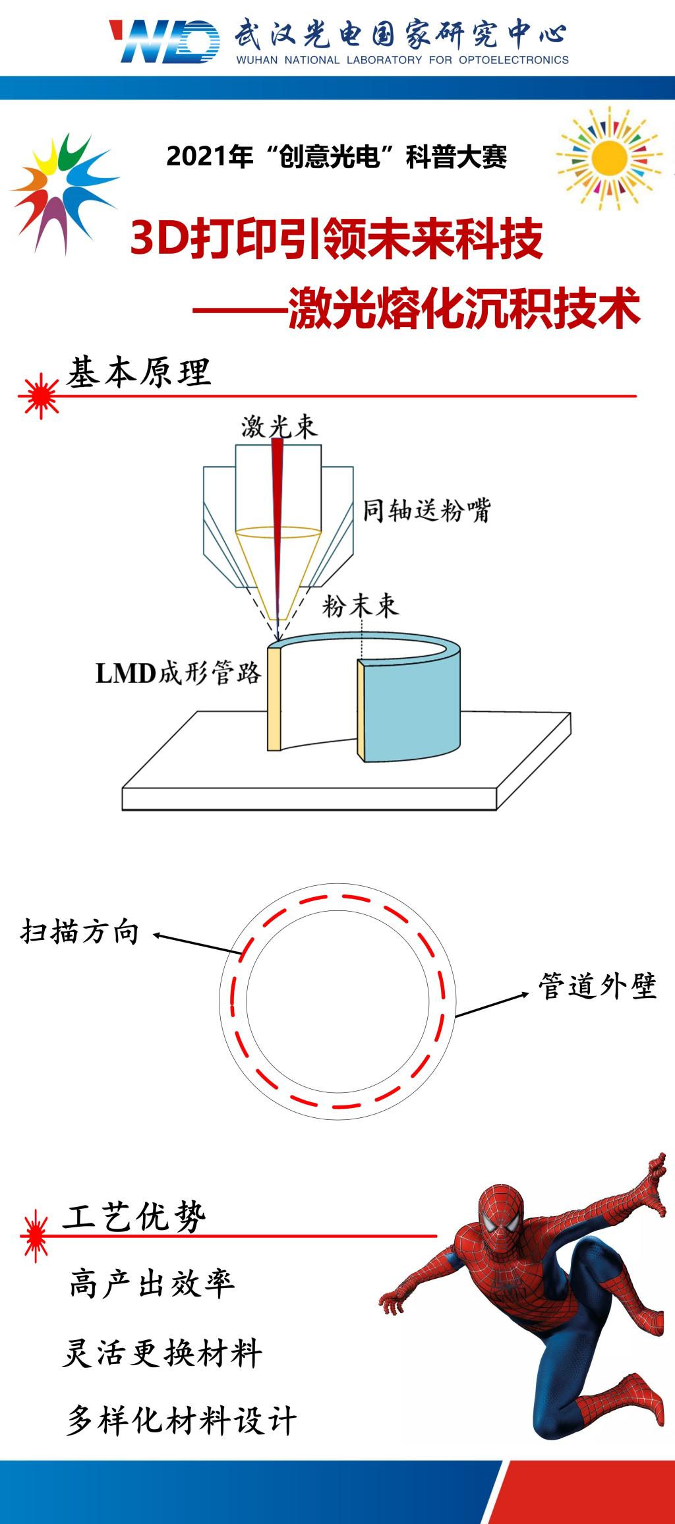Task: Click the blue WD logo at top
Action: click(165, 42)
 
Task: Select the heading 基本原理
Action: click(138, 372)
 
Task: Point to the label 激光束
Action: click(279, 426)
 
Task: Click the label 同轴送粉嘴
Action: click(426, 510)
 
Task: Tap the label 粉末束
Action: click(360, 604)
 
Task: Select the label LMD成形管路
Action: click(179, 674)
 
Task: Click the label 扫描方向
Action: click(80, 931)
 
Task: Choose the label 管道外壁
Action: click(597, 986)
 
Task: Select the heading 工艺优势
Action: click(134, 1216)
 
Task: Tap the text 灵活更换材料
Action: click(162, 1355)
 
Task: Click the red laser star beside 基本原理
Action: click(40, 395)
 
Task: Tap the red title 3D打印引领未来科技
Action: click(337, 239)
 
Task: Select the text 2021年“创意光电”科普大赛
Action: click(337, 157)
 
